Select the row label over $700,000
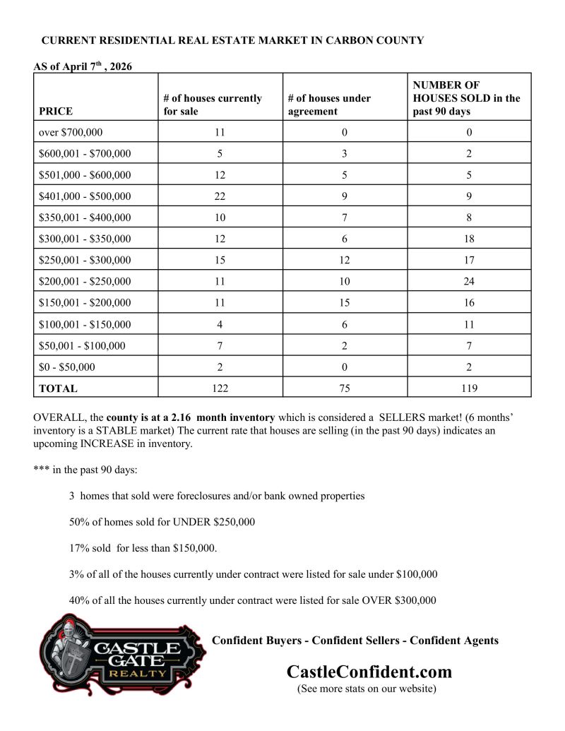tap(71, 132)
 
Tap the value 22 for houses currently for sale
tap(220, 196)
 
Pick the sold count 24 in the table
tap(469, 282)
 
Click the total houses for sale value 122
tap(220, 388)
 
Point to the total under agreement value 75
tap(345, 388)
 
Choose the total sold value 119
tap(469, 388)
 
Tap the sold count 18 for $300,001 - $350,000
tap(469, 239)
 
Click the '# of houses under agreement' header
tap(329, 105)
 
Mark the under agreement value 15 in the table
tap(345, 303)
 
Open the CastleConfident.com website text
tap(369, 671)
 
